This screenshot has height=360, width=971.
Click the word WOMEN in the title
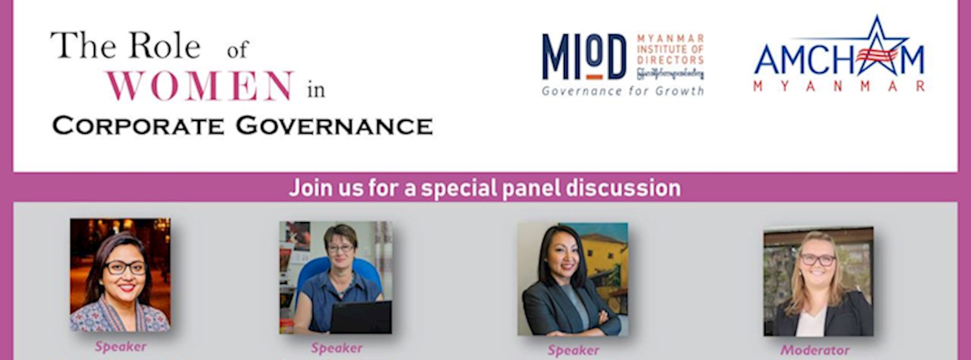[x=200, y=86]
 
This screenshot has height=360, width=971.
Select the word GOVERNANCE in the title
[x=334, y=126]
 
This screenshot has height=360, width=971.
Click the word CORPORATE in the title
[x=139, y=126]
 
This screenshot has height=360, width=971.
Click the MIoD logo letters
[x=584, y=57]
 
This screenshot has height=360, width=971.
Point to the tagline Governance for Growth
[x=622, y=91]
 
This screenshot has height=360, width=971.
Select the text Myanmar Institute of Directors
[x=670, y=49]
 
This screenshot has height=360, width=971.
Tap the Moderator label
[x=815, y=350]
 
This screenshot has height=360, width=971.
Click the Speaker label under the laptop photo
[x=337, y=348]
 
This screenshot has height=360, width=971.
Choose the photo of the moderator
[x=818, y=281]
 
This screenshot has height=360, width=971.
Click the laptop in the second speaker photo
[x=360, y=317]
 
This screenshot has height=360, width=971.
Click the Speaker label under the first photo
[x=120, y=346]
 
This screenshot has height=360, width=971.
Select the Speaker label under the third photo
[x=574, y=350]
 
